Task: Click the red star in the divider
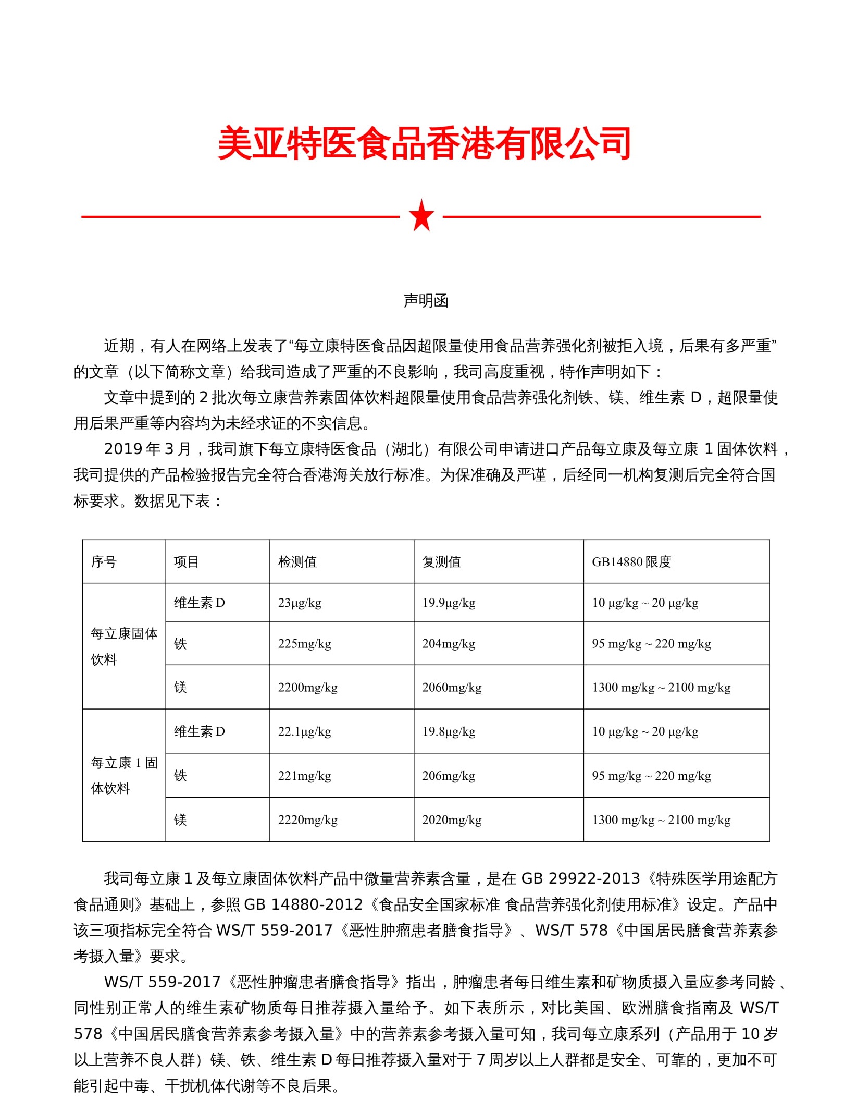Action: point(421,216)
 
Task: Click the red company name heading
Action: point(425,143)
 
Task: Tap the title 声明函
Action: point(426,301)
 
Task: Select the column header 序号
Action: point(104,561)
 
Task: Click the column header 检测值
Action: point(297,561)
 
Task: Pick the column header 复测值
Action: point(441,561)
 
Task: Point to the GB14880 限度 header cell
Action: point(631,561)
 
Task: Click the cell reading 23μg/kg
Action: point(300,603)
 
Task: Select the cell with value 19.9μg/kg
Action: point(449,603)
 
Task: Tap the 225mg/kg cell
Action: point(304,643)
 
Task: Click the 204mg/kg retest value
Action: point(449,643)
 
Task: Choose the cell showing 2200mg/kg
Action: point(307,687)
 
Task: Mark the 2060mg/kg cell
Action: point(452,687)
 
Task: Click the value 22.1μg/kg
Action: point(304,731)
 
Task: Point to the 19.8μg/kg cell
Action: point(449,731)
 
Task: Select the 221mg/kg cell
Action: point(304,776)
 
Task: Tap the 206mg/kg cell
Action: point(449,776)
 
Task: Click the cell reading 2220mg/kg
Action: point(307,820)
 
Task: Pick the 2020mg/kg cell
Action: point(452,820)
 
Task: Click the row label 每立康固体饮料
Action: point(124,646)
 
